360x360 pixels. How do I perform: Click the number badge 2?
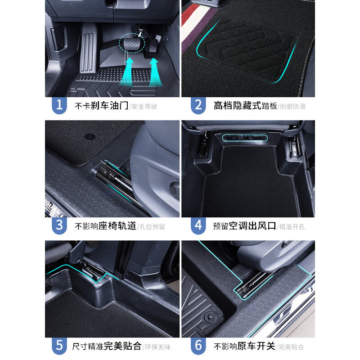(198, 105)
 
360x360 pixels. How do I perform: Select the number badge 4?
(198, 225)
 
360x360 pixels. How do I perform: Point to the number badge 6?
(198, 346)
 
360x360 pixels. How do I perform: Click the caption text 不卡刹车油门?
(102, 106)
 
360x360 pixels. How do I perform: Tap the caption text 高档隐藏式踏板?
(246, 106)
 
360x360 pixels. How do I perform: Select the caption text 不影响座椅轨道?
(105, 226)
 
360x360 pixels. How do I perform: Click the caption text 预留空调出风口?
(244, 226)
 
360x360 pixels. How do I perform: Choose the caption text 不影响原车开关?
(244, 346)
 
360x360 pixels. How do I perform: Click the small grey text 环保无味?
(157, 347)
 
